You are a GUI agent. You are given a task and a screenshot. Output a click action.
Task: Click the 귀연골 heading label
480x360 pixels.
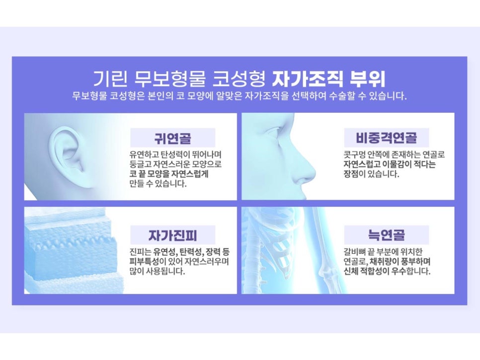pos(172,138)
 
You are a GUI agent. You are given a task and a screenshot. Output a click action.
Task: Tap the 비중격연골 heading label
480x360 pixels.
pos(387,138)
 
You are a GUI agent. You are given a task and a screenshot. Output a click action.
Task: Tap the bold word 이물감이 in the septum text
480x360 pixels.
pos(398,164)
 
